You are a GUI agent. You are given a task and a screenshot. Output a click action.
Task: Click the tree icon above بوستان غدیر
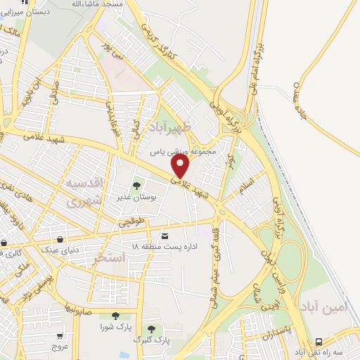click(137, 186)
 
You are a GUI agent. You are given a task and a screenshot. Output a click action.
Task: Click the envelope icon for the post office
click(165, 236)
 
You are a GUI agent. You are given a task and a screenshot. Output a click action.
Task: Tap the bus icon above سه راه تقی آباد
click(321, 338)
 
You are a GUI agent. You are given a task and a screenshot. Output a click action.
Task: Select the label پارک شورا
click(116, 327)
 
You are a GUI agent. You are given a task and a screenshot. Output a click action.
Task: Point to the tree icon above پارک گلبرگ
click(150, 328)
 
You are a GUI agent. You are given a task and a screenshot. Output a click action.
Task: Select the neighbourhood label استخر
click(109, 259)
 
